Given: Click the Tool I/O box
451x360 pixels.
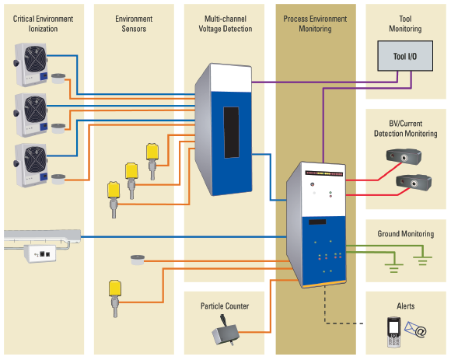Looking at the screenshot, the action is click(x=405, y=56).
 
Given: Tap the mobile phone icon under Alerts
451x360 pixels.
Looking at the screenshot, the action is click(x=393, y=332).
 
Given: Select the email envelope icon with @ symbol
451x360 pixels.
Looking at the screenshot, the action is click(x=415, y=330).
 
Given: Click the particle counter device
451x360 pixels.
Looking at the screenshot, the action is click(x=226, y=330).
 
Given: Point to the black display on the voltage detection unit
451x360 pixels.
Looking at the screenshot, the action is click(x=231, y=132).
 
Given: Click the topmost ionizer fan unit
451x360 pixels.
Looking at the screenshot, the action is click(x=30, y=65).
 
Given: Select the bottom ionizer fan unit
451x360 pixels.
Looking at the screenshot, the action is click(x=30, y=165).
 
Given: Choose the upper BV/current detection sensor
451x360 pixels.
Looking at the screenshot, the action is click(x=404, y=156).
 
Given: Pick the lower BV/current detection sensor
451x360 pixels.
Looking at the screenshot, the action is click(x=414, y=182).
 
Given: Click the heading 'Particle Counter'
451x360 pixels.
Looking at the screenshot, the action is click(x=225, y=306).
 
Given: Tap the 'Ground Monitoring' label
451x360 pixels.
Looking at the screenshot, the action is click(x=406, y=234).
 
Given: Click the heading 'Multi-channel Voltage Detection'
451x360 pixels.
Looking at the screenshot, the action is click(x=226, y=24).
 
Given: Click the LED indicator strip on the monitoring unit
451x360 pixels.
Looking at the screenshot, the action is click(x=324, y=173).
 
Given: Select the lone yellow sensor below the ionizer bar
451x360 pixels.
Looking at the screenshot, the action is click(x=115, y=299).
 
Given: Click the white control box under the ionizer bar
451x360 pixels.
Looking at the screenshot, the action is click(x=40, y=253).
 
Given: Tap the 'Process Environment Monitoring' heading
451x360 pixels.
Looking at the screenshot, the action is click(x=315, y=24).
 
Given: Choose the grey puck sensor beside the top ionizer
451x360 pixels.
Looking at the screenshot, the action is click(x=58, y=79).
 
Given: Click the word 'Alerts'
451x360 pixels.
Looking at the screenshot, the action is click(x=406, y=306).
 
